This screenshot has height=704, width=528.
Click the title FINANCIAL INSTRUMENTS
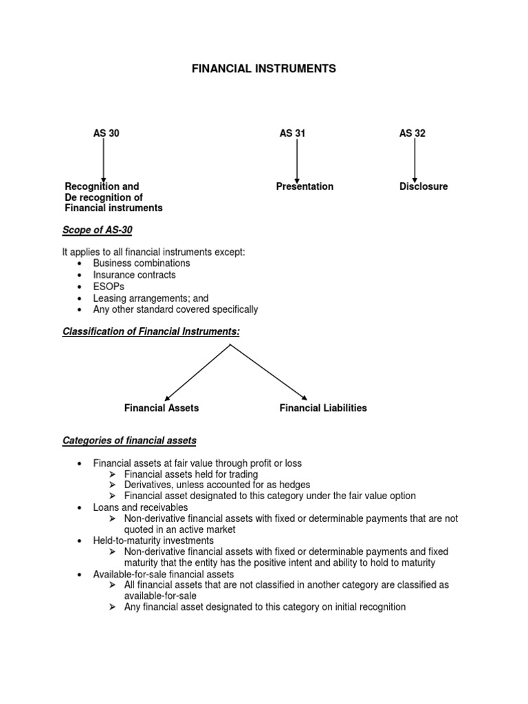tap(263, 69)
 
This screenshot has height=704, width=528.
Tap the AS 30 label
tap(106, 133)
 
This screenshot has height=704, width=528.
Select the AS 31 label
tap(292, 133)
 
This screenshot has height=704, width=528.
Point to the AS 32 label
tap(412, 133)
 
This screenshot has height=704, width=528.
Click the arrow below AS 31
tap(296, 160)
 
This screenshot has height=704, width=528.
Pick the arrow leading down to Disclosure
tap(415, 160)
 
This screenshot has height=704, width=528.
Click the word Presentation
tap(305, 186)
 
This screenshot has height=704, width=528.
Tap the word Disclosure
tap(423, 186)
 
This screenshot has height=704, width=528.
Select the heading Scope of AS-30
tap(97, 230)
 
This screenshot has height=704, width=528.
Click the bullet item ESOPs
tap(107, 287)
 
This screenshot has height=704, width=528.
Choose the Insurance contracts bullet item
tap(134, 275)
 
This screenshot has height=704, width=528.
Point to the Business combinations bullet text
tap(142, 263)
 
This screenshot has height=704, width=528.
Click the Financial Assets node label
tap(162, 408)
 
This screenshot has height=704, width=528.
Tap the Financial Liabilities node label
tap(323, 408)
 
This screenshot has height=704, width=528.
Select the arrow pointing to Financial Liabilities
tap(269, 371)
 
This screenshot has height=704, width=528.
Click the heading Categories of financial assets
tap(129, 440)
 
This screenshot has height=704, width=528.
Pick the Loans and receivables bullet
tap(140, 507)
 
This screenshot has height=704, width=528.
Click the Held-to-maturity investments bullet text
tap(153, 540)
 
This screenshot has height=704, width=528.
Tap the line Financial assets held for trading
tap(191, 474)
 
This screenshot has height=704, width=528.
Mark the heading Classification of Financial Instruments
tap(151, 331)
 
